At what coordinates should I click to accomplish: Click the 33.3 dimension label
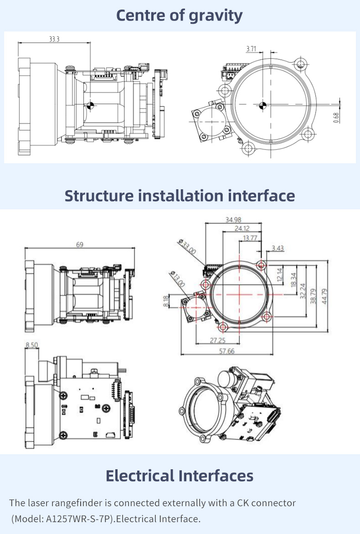[54, 39]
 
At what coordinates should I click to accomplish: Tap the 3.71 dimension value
[251, 48]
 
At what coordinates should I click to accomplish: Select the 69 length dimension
[80, 245]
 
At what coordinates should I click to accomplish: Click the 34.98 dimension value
[233, 220]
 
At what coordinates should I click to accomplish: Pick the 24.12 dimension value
[242, 228]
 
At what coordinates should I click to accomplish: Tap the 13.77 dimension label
[250, 238]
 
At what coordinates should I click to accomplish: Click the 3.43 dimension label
[278, 248]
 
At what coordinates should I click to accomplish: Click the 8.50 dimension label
[32, 345]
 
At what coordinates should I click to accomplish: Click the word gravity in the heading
[215, 16]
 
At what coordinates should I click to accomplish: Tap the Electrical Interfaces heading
[180, 476]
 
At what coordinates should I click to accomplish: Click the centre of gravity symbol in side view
[90, 105]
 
